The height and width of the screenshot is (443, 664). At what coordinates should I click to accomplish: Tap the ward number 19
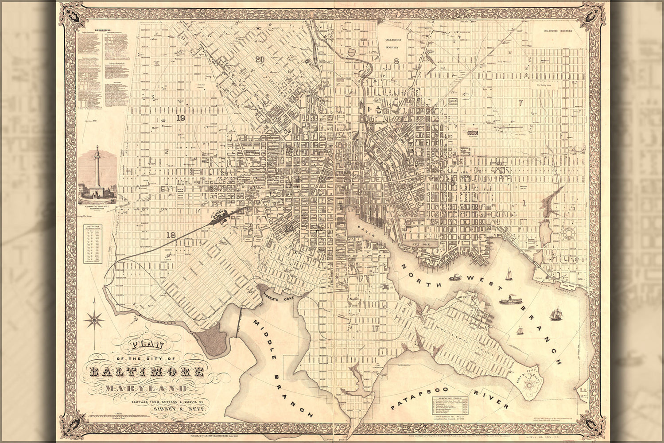[180, 118]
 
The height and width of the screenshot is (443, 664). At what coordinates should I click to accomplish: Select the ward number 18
[171, 235]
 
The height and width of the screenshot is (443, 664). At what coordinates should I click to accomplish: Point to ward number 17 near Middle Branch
[376, 328]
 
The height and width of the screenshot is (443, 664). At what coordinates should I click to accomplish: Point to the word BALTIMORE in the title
[147, 371]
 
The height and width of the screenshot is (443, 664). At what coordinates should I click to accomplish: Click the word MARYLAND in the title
[146, 389]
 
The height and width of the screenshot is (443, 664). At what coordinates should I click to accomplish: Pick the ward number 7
[521, 103]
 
